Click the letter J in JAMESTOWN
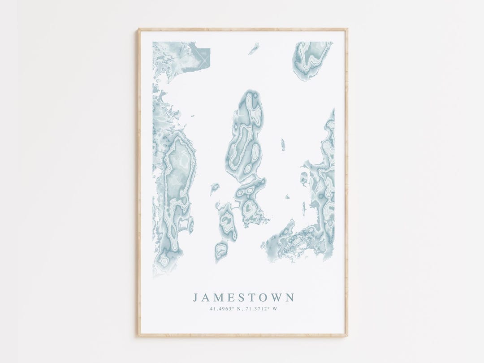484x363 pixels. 195,298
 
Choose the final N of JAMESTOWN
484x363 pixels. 290,298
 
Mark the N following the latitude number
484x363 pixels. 235,308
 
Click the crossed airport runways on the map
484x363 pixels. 204,59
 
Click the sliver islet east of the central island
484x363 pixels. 283,144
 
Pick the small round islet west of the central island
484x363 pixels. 215,187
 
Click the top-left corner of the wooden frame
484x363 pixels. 138,30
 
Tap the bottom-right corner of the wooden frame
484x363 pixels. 347,335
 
